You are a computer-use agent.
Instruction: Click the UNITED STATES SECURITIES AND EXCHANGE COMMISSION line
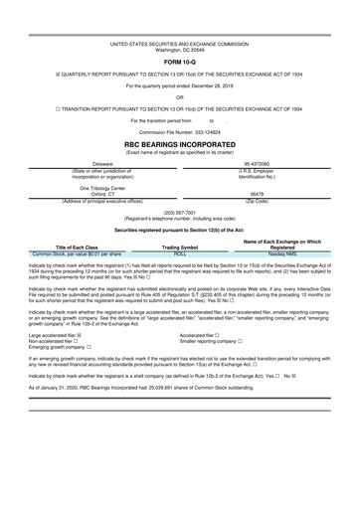click(x=180, y=44)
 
